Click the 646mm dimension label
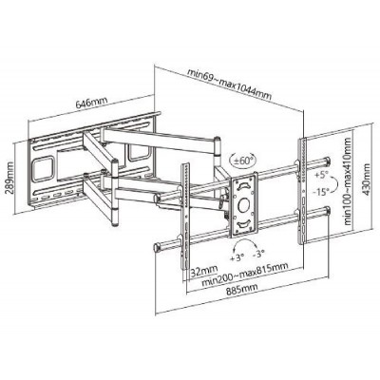point(92,103)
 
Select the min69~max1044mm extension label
point(230,84)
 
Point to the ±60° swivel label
point(243,160)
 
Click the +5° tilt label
point(321,175)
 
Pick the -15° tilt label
point(323,191)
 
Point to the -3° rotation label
point(258,255)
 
